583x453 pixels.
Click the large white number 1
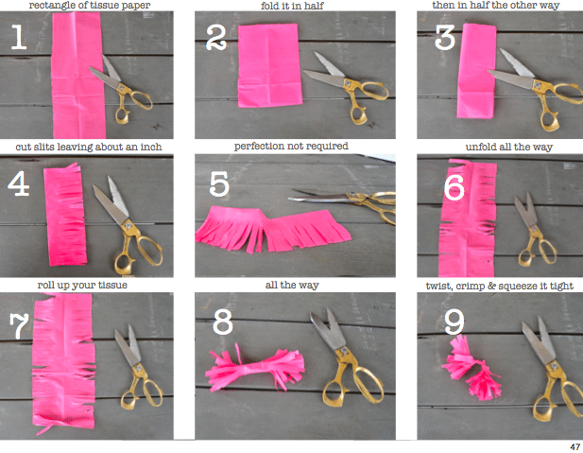pyautogui.click(x=17, y=37)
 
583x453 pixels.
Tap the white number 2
pyautogui.click(x=217, y=38)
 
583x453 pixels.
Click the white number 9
pyautogui.click(x=454, y=322)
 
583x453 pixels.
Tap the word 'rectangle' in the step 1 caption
pyautogui.click(x=55, y=6)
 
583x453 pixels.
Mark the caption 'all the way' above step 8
pyautogui.click(x=291, y=285)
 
